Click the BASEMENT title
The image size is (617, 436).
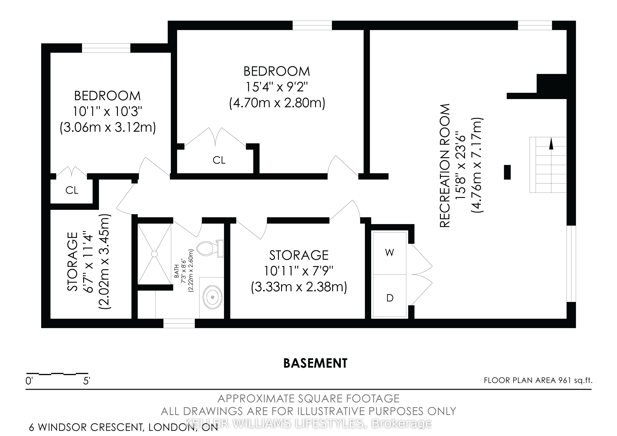[x=315, y=363]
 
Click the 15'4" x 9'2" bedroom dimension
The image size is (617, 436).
[x=277, y=87]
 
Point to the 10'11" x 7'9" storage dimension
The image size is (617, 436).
[x=299, y=271]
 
